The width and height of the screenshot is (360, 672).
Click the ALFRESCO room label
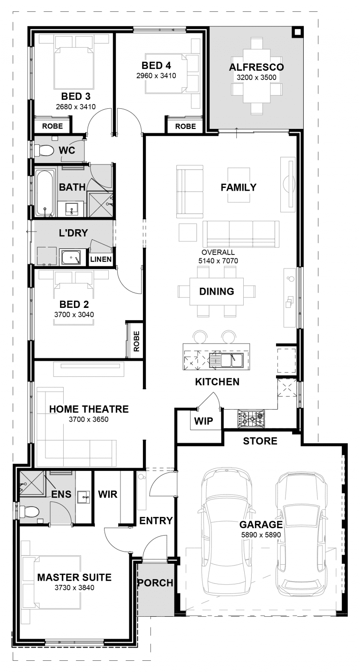[x=256, y=67]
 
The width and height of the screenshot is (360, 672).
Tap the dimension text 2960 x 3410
[x=156, y=75]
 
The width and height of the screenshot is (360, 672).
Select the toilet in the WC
[x=44, y=150]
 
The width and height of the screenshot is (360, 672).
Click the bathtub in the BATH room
[x=45, y=193]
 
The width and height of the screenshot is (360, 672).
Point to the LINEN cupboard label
[x=101, y=259]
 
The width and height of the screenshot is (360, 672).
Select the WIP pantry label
[x=203, y=421]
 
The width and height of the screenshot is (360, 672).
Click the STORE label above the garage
[x=260, y=441]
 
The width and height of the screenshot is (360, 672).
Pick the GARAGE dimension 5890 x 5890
[x=261, y=535]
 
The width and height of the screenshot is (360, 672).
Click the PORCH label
[x=156, y=582]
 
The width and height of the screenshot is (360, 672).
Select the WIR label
[x=108, y=494]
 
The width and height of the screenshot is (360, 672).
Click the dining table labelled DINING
[x=217, y=291]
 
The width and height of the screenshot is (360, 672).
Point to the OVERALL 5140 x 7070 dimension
[x=218, y=257]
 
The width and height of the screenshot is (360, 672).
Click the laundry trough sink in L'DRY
[x=71, y=257]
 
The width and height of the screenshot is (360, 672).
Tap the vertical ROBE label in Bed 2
[x=136, y=341]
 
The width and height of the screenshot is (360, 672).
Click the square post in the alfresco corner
[x=297, y=32]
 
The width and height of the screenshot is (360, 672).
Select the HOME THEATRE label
[x=89, y=409]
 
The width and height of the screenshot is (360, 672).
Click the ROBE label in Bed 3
[x=52, y=126]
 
